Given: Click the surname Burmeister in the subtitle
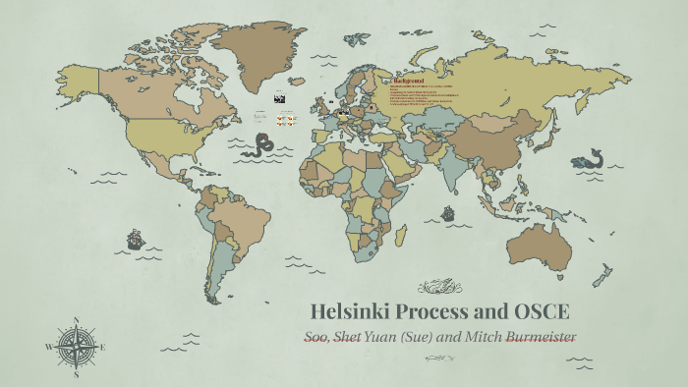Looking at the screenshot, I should pos(540,337).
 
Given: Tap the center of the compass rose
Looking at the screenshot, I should pos(76,347).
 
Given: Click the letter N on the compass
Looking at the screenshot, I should pos(76,319).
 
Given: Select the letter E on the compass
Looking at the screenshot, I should pos(104,347).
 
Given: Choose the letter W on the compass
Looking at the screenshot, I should pos(48,347).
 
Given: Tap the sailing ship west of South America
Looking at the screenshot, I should pos(136,239).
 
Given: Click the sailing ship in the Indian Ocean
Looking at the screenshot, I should pos(448,212).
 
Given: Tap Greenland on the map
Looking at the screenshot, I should pos(258,49).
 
